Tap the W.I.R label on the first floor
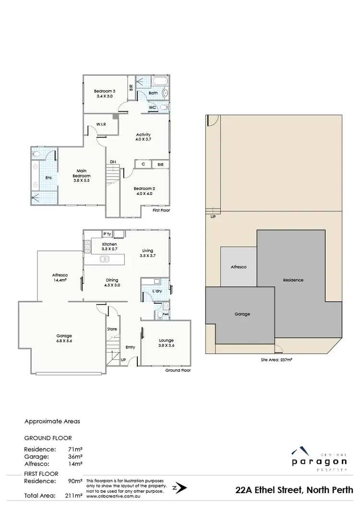(101, 125)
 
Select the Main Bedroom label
(82, 173)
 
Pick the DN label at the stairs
(112, 162)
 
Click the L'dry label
(156, 292)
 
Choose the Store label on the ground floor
(112, 329)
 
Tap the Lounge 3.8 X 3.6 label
(166, 343)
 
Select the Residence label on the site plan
(293, 280)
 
